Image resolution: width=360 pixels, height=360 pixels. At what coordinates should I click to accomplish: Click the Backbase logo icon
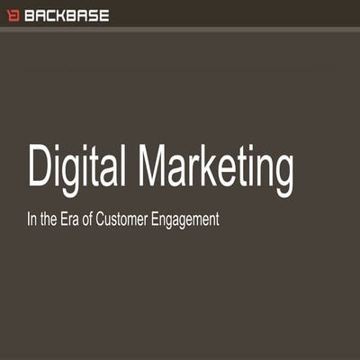[x=13, y=15]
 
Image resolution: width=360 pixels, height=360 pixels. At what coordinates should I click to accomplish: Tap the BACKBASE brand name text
[x=67, y=15]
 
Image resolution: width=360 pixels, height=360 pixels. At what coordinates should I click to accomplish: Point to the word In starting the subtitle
[x=32, y=219]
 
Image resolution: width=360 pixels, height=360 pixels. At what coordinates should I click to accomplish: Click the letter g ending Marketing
[x=282, y=173]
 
